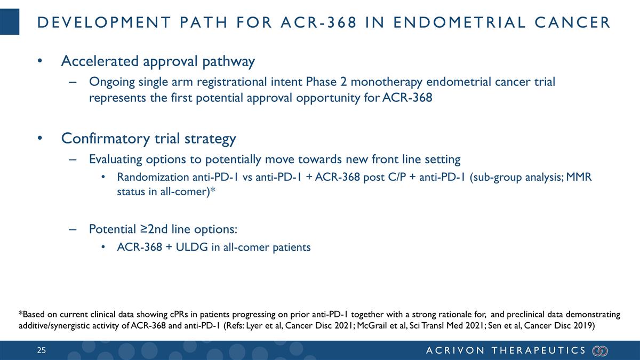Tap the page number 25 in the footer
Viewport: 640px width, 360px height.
41,350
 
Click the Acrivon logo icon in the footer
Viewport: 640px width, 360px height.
600,350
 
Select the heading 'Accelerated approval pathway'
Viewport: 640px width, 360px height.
158,61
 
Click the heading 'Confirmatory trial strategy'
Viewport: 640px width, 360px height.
148,139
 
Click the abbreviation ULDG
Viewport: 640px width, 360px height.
191,247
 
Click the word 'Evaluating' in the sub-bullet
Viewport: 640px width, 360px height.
114,159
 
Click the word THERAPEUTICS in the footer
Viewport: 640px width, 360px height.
539,350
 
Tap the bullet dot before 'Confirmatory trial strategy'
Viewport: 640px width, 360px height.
39,139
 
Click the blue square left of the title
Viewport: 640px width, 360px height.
10,22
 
